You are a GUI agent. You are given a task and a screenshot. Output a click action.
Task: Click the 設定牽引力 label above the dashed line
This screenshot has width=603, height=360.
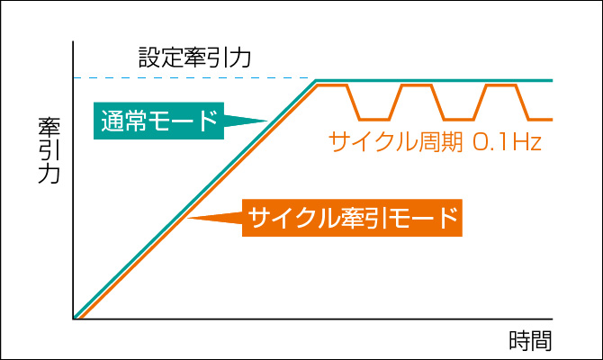194,58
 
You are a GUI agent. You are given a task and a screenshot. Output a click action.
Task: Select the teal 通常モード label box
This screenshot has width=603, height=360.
158,121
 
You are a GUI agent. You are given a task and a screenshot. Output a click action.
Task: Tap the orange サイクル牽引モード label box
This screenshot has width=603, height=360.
352,218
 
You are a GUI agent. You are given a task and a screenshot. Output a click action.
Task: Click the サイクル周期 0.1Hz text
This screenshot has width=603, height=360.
435,141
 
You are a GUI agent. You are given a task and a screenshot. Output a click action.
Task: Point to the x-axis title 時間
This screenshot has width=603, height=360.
530,340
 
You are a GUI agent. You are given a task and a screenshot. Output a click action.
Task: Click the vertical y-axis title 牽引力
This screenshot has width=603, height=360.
49,150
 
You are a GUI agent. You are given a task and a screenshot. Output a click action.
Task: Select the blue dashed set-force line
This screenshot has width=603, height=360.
194,78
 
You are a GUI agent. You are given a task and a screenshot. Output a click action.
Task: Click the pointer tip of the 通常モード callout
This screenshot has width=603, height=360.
267,121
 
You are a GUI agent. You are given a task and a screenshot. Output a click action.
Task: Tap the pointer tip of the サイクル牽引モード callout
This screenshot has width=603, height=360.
188,218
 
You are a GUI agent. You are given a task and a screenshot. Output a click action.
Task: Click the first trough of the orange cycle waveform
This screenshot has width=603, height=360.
374,119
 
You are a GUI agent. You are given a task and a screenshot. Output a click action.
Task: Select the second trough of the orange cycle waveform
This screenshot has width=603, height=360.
459,119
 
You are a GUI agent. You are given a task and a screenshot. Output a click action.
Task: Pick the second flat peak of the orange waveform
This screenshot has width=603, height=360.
416,85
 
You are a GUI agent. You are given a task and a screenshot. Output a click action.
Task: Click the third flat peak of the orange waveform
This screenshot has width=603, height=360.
500,85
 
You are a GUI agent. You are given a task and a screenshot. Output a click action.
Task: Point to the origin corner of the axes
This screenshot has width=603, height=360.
73,319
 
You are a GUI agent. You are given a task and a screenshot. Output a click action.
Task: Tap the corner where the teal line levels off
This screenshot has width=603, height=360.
316,80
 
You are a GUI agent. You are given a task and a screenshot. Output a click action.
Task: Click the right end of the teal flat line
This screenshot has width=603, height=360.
553,80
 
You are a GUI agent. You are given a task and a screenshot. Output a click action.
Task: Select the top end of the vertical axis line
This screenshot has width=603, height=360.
73,41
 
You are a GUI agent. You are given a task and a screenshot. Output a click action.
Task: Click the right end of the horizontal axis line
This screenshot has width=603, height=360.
553,319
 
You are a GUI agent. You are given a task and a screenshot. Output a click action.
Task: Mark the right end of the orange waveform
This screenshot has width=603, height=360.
553,119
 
